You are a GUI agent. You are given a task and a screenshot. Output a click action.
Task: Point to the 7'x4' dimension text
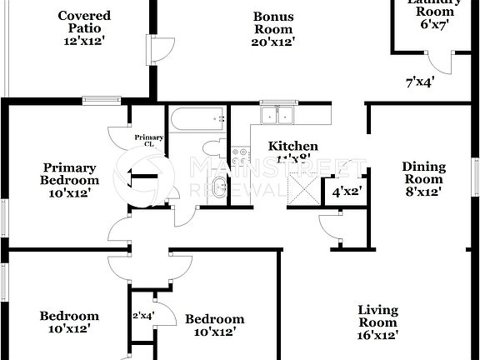pos(419,82)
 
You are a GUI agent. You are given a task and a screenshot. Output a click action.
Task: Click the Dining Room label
pos(424,178)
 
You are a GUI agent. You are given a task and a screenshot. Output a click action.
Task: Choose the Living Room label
pos(377,322)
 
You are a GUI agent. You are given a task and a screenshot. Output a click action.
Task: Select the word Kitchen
pos(292,146)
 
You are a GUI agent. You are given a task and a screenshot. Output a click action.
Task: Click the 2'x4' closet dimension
pos(144,315)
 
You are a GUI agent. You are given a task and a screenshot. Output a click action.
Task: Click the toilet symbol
pos(213,147)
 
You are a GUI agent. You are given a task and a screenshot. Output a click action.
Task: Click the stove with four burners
pos(241,156)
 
